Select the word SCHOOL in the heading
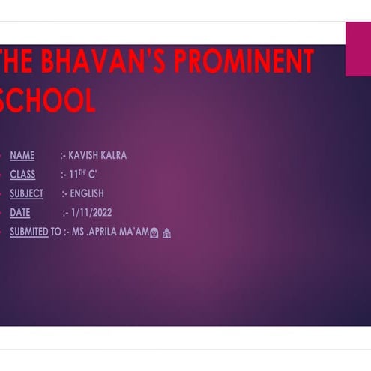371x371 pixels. click(49, 100)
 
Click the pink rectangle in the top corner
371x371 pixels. click(358, 49)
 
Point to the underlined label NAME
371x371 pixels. click(22, 156)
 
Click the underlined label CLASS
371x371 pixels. click(22, 175)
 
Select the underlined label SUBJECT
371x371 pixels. click(26, 193)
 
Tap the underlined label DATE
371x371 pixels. click(20, 213)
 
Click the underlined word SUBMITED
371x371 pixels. click(29, 232)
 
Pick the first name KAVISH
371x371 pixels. click(83, 156)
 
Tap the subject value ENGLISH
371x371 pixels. click(87, 193)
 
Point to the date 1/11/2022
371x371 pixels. click(91, 213)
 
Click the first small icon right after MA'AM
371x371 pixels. click(154, 232)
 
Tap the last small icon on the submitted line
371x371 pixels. click(167, 232)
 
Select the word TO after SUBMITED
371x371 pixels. click(56, 232)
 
